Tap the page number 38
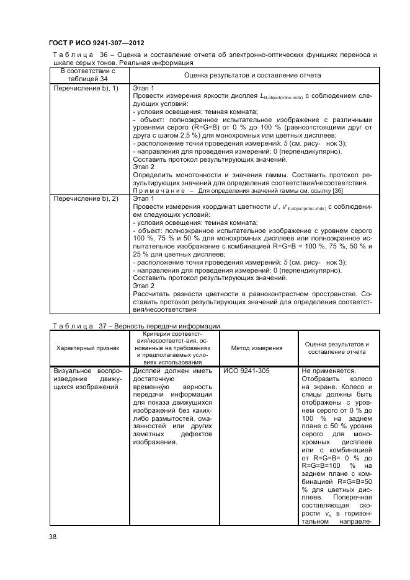click(x=53, y=536)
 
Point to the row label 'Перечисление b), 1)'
click(x=86, y=89)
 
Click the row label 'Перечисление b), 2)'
click(x=86, y=198)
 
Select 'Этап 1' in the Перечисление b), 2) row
click(x=144, y=198)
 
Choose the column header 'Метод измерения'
click(x=257, y=348)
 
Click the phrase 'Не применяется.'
click(x=328, y=371)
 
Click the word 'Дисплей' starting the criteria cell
click(x=148, y=371)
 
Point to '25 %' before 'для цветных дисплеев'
click(x=141, y=254)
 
